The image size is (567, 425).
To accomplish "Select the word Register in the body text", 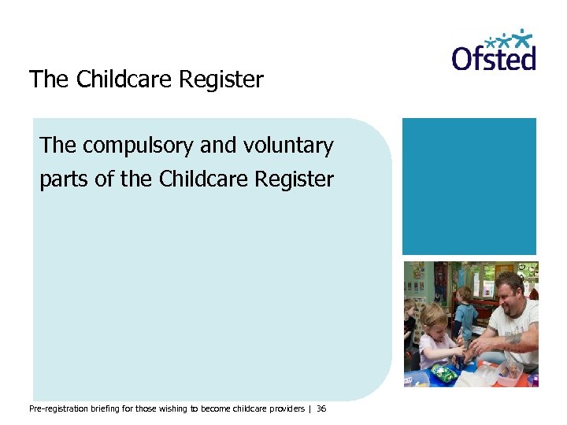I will click(295, 179).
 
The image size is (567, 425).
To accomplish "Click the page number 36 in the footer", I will click(321, 409).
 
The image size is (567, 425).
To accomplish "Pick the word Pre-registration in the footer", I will click(61, 409).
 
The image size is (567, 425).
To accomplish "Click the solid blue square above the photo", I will click(469, 186).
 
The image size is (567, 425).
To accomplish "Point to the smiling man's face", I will click(506, 293).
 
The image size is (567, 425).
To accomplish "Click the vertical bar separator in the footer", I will click(310, 409).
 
